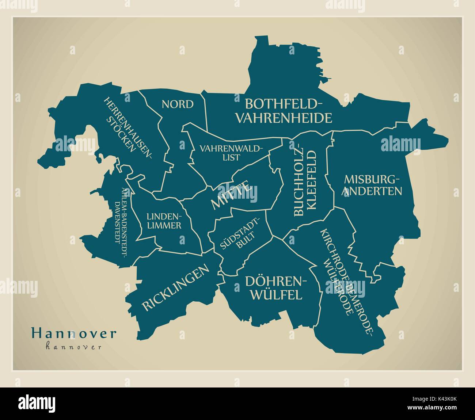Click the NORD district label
coord(178,104)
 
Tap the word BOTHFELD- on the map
coord(284,104)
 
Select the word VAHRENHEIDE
coord(284,118)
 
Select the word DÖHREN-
coord(275,281)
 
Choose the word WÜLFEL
coord(276,294)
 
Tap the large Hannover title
coord(74,333)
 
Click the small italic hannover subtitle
coord(73,347)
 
